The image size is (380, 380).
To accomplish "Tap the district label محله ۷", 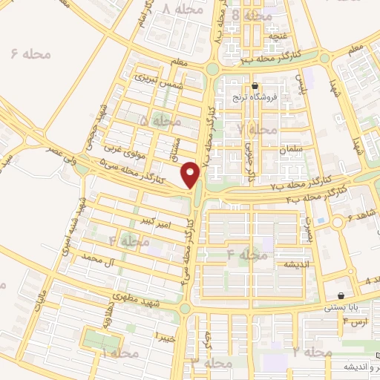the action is point(256,129).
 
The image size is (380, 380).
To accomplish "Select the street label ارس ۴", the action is point(356,321).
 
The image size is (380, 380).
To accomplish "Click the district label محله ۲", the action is point(310,351).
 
